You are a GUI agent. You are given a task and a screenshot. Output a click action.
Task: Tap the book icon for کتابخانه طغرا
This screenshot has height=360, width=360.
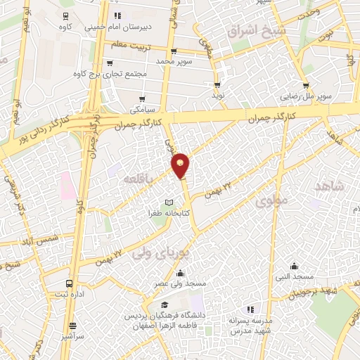pos(168,202)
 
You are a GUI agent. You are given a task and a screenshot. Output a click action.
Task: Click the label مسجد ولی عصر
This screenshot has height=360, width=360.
pos(182,283)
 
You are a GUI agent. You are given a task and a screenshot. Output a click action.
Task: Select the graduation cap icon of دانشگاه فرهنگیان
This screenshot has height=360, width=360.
pos(165,305)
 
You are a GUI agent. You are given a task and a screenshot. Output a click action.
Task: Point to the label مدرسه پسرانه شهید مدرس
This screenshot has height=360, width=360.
pos(249,325)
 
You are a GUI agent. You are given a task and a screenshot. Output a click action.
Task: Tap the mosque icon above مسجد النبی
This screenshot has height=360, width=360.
pos(294,266)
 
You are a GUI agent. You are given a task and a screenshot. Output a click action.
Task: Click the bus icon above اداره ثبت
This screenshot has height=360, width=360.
pos(68,283)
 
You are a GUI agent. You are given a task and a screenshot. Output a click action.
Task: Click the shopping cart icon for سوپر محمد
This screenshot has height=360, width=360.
pos(173,51)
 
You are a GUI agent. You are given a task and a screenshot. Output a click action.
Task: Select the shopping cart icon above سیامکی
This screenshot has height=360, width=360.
pos(143,99)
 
